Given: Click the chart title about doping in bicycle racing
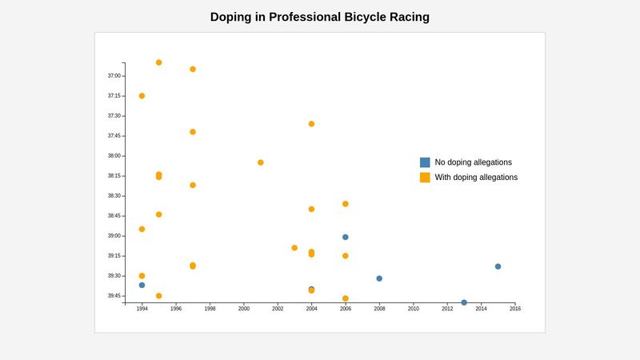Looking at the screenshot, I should pyautogui.click(x=320, y=17).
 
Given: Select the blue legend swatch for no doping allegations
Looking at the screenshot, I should pyautogui.click(x=425, y=162).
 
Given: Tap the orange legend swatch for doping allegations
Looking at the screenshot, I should pyautogui.click(x=425, y=178).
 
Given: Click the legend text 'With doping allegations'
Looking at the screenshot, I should pyautogui.click(x=476, y=178).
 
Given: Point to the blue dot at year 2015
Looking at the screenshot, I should pyautogui.click(x=498, y=266).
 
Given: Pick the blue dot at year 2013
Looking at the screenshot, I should pyautogui.click(x=464, y=302).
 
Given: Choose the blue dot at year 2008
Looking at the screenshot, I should pyautogui.click(x=379, y=278).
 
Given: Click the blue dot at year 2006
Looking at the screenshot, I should pyautogui.click(x=346, y=237).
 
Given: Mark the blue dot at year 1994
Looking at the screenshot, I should pyautogui.click(x=142, y=285).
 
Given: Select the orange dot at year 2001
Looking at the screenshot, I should pyautogui.click(x=261, y=162).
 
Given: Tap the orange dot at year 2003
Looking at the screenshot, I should pyautogui.click(x=294, y=248).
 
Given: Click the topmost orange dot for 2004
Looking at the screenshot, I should pyautogui.click(x=311, y=124).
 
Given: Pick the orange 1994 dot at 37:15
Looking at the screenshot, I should pyautogui.click(x=142, y=96).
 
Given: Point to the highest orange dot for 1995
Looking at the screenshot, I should pyautogui.click(x=158, y=62).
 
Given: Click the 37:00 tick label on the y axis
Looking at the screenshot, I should pyautogui.click(x=114, y=76).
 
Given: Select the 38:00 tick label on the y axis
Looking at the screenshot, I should pyautogui.click(x=114, y=156).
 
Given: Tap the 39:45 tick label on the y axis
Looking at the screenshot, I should pyautogui.click(x=114, y=296).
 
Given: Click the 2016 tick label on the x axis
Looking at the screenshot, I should pyautogui.click(x=515, y=309).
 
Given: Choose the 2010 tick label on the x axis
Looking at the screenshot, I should pyautogui.click(x=414, y=309).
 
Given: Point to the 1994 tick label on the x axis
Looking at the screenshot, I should pyautogui.click(x=142, y=309).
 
